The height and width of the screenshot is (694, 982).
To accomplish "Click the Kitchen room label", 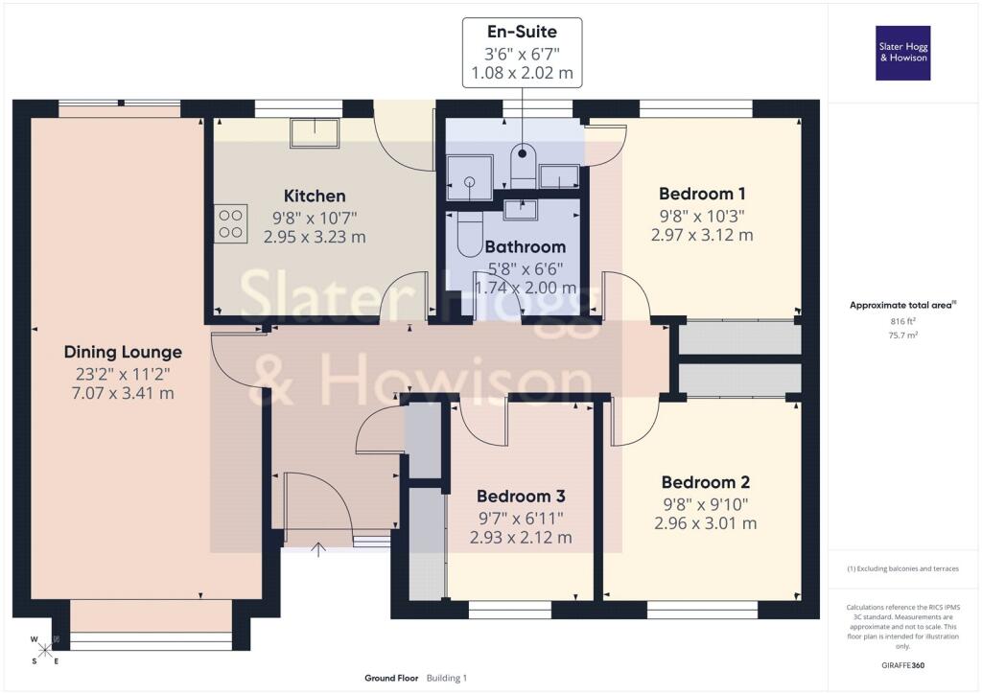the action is [x=315, y=196].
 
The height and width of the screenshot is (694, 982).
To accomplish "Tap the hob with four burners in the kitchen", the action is [x=230, y=224].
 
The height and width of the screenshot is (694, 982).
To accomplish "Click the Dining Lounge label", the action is [x=123, y=353].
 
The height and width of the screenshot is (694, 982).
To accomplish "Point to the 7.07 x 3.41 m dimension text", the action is [x=123, y=394].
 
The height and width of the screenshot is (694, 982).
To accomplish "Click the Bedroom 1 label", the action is [x=702, y=194].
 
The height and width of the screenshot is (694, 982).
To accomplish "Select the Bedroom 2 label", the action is [x=706, y=482].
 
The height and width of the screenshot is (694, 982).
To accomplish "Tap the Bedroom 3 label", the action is [x=521, y=497].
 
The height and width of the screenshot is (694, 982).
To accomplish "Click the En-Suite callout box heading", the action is [x=522, y=32].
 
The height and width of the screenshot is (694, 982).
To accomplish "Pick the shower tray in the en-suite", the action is [x=470, y=177].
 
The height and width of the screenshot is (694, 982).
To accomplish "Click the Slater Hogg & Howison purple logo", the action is [x=902, y=53].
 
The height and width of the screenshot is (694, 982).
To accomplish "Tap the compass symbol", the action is [x=44, y=650].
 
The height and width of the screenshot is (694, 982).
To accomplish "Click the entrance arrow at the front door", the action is [x=318, y=549].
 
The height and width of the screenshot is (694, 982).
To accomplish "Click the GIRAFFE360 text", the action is [x=902, y=665].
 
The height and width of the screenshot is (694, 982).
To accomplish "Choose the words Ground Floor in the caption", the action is [x=391, y=678].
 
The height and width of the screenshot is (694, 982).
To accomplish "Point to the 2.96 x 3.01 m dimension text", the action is [x=706, y=523].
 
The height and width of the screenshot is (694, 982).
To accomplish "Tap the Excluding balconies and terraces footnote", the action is [x=902, y=568].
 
